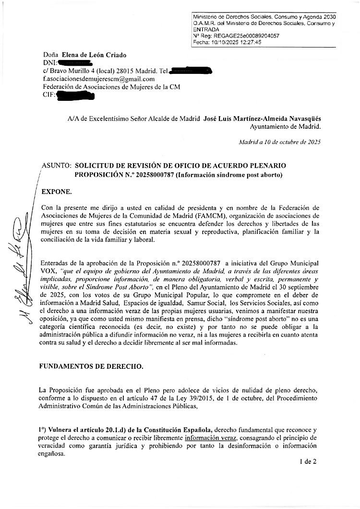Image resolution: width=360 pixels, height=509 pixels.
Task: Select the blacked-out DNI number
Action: point(75,63)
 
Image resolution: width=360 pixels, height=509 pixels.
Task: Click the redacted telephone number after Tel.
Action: point(191,71)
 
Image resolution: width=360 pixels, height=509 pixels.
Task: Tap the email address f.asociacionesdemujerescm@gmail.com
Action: point(98,79)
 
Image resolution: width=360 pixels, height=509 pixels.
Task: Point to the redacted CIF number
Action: point(75,96)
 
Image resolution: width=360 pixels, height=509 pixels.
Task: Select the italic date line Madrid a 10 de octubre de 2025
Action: point(280,142)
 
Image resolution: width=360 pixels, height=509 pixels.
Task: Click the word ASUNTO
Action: point(56,164)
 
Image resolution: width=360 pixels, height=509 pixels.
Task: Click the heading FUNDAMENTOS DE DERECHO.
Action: point(91,366)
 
